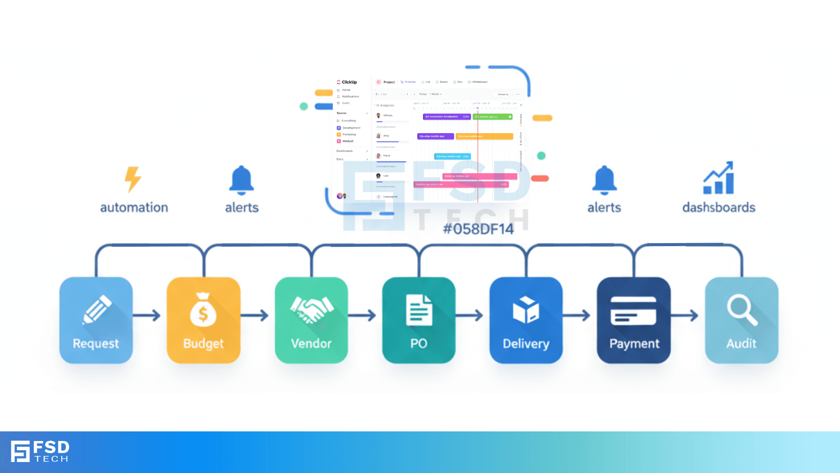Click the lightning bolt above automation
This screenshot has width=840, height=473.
pos(133,179)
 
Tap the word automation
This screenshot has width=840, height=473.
pos(134,207)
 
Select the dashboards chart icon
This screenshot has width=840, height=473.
pos(718,178)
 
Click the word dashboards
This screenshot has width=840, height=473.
pos(719,207)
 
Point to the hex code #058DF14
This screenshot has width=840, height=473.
pos(478,229)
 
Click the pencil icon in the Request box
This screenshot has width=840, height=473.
pos(97,309)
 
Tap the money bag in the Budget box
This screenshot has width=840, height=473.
pos(203,310)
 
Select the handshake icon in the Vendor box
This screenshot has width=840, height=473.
pos(311,309)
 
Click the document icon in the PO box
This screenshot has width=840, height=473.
pos(419,310)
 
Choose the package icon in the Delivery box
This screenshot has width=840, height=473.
pos(526,309)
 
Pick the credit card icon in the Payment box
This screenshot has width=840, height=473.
pos(633,311)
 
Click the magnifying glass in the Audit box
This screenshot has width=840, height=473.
pos(742,310)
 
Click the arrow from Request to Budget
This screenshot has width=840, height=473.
pos(147,315)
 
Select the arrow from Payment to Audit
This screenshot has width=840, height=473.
pos(685,315)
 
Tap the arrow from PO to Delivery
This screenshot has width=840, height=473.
pos(470,315)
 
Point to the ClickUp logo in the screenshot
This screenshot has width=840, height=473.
pos(347,82)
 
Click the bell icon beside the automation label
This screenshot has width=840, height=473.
pos(241,180)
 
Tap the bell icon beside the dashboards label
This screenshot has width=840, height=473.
pos(604,180)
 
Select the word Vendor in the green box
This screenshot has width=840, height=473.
pos(311,343)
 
